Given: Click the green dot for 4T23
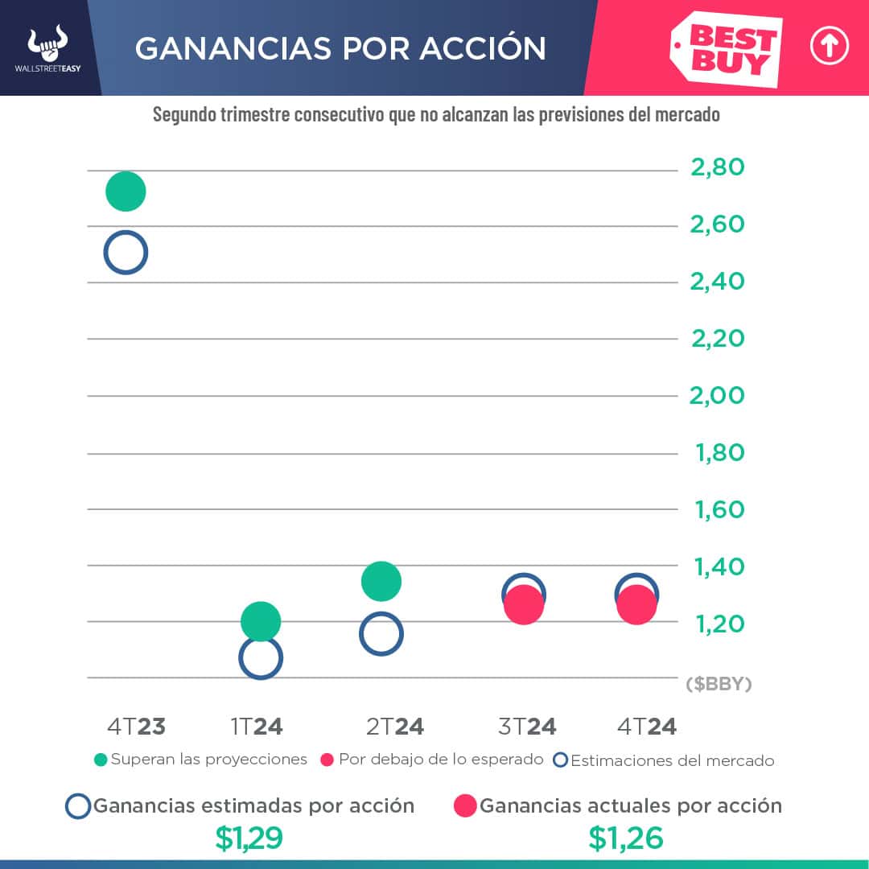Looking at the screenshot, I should [x=125, y=192].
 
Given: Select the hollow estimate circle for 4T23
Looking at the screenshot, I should [x=125, y=253].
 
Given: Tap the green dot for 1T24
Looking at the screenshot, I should [x=260, y=621].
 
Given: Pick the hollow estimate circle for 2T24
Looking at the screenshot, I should [x=381, y=634].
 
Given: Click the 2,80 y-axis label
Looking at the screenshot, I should [x=718, y=168].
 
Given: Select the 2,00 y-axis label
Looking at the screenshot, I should [x=718, y=396].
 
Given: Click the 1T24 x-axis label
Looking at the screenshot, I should [x=257, y=727].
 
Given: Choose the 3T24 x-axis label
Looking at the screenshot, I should [x=528, y=727].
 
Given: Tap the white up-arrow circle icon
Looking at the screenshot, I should [x=830, y=47].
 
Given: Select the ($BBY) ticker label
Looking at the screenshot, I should [x=719, y=684].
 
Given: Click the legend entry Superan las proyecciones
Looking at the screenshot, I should [x=201, y=760].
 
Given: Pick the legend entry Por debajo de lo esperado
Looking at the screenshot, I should [x=432, y=760].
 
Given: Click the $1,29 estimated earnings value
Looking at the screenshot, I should [x=249, y=838].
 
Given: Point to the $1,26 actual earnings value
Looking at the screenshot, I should [x=626, y=838].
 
